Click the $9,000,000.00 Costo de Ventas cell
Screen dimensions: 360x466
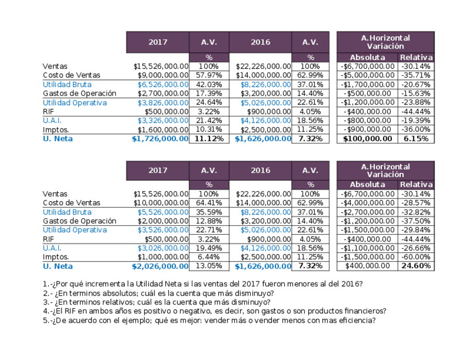click(161, 75)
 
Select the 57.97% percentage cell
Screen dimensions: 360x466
click(209, 75)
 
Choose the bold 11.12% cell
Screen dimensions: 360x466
click(209, 139)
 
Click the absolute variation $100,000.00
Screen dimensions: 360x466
click(367, 139)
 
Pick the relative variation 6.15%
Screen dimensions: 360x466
click(415, 139)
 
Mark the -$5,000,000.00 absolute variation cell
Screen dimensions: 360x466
click(367, 75)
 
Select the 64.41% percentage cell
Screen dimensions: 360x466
click(209, 203)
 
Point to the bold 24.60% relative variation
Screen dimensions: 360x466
click(415, 266)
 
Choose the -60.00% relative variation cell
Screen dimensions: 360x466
click(415, 257)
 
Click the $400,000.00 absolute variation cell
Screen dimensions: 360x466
click(367, 266)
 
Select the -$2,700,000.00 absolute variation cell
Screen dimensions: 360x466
click(367, 212)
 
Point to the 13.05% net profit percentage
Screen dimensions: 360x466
click(209, 266)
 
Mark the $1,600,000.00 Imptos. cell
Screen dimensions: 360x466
click(161, 130)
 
